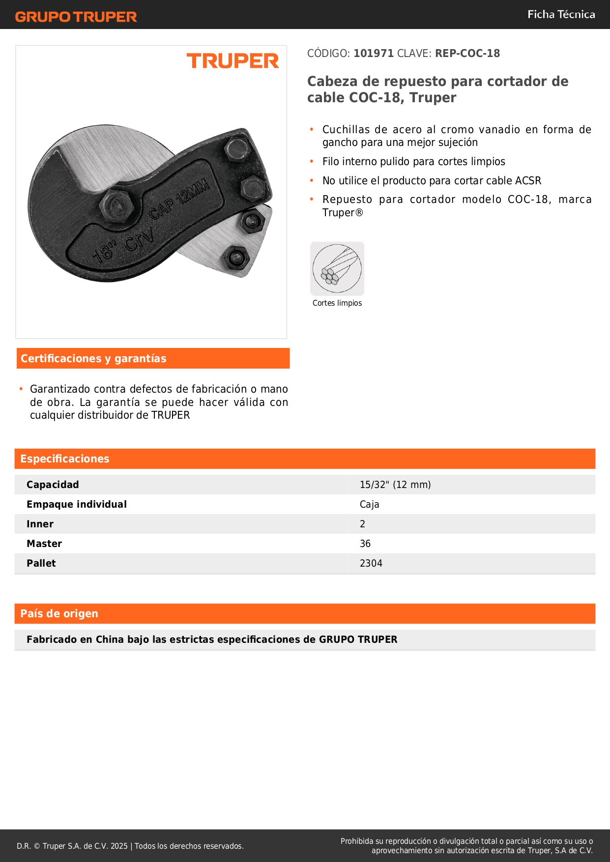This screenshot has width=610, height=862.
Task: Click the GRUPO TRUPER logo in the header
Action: (76, 17)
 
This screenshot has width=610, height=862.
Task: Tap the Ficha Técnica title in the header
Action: (561, 15)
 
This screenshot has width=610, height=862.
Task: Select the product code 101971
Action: (374, 53)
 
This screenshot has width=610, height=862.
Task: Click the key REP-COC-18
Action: (467, 53)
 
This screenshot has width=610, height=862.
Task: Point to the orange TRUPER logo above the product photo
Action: (232, 61)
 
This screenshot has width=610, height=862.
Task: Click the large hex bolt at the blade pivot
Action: (117, 206)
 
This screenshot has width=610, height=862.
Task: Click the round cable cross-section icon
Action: (337, 269)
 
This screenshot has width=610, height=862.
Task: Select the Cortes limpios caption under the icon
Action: (337, 303)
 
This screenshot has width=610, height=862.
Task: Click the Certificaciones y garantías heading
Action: (93, 358)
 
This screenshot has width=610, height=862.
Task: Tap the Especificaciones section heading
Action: (65, 459)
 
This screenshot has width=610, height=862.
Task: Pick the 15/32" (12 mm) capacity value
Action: (395, 485)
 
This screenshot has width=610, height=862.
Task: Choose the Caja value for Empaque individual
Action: (369, 504)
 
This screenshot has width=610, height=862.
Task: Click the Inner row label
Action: (40, 524)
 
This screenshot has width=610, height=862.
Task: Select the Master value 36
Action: (365, 544)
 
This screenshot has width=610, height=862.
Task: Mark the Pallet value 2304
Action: (371, 563)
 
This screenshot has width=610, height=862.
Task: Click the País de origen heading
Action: (59, 613)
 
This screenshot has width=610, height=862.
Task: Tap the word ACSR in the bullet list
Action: (528, 181)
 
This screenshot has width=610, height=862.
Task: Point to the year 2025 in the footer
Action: (119, 846)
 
